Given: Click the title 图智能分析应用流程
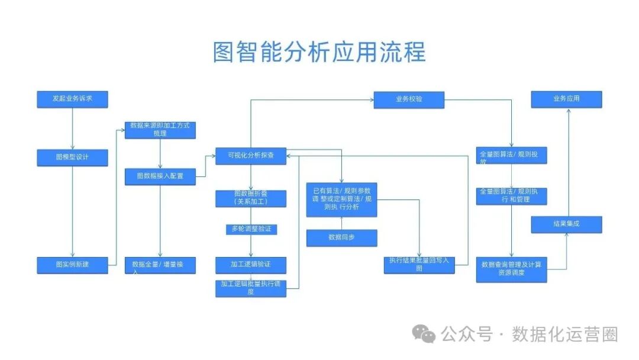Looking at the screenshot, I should tap(319, 52).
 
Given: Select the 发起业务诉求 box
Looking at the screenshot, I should tap(72, 99).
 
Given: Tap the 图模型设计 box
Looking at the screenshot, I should tap(72, 157).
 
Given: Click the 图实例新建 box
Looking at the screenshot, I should tap(72, 265).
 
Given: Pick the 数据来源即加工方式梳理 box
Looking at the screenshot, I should tap(160, 130).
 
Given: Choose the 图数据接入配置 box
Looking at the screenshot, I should tap(160, 176).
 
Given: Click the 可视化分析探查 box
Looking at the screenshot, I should tap(250, 156).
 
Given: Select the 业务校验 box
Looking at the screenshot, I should tap(409, 99).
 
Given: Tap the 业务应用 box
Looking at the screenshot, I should tap(566, 99).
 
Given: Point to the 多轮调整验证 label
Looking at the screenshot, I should tap(251, 229).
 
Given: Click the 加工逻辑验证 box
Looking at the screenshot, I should tap(251, 265).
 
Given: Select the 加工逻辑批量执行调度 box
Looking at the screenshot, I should tap(251, 288).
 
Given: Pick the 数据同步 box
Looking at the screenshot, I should tap(341, 237).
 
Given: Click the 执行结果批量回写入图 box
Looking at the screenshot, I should tap(419, 264).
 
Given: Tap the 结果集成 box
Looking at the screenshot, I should tap(566, 224).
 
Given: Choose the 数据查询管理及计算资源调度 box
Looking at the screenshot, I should tap(511, 268).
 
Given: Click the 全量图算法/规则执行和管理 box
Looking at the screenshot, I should tap(511, 196).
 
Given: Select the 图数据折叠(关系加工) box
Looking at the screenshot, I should tap(251, 198).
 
